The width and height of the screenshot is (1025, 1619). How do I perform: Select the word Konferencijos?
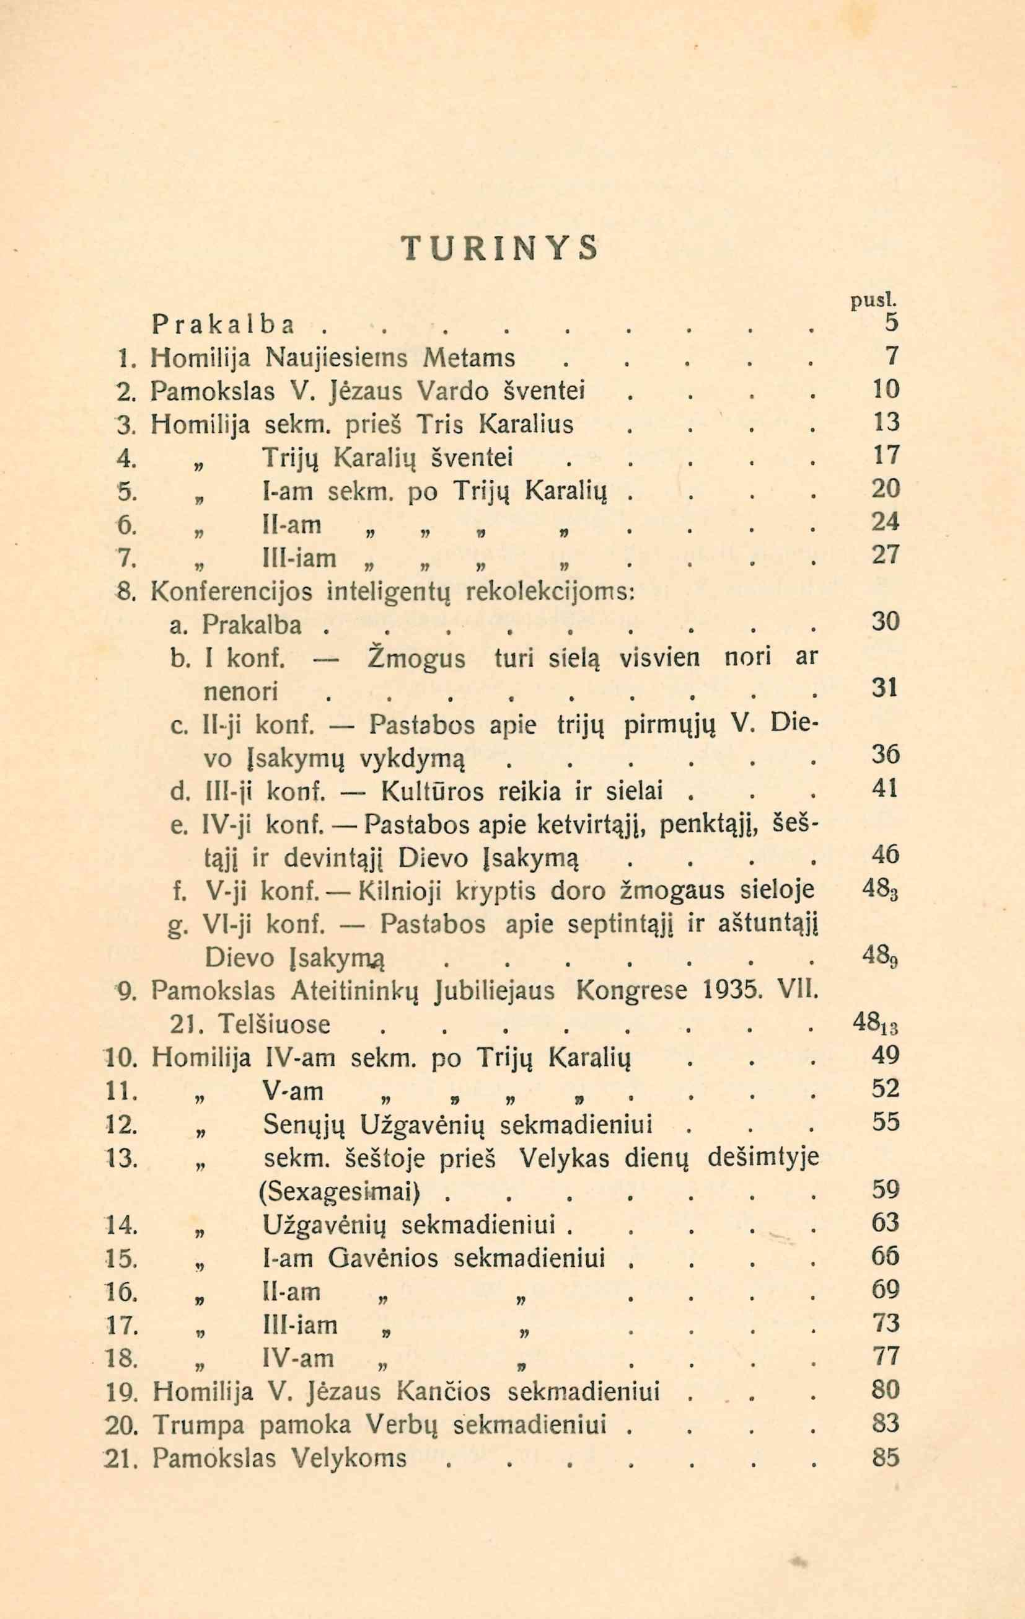[x=232, y=591]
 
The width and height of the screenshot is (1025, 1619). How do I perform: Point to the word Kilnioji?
[x=400, y=892]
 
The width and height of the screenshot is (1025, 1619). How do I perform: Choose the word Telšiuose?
[x=275, y=1024]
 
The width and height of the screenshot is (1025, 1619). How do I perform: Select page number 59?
[x=884, y=1189]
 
